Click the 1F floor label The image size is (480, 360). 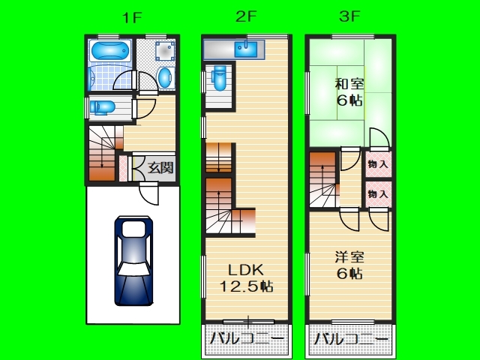pyautogui.click(x=132, y=18)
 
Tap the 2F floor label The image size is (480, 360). pyautogui.click(x=245, y=16)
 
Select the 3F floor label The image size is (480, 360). pyautogui.click(x=349, y=16)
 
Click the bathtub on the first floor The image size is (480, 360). pyautogui.click(x=110, y=51)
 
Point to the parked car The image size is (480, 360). pyautogui.click(x=133, y=261)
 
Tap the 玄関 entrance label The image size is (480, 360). pyautogui.click(x=160, y=168)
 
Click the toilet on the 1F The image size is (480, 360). pyautogui.click(x=102, y=108)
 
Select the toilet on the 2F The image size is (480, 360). pyautogui.click(x=219, y=77)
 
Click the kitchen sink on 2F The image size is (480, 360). pyautogui.click(x=246, y=49)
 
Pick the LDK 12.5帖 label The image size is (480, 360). pyautogui.click(x=247, y=278)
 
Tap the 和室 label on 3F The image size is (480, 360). pyautogui.click(x=349, y=84)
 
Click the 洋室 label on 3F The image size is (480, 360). pyautogui.click(x=349, y=257)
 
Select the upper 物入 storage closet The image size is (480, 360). pyautogui.click(x=378, y=164)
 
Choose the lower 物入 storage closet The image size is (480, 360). pyautogui.click(x=378, y=194)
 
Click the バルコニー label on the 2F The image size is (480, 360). pyautogui.click(x=247, y=339)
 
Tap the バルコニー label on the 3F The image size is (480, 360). pyautogui.click(x=351, y=339)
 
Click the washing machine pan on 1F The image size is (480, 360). pyautogui.click(x=165, y=50)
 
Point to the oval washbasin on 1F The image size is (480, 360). pyautogui.click(x=165, y=78)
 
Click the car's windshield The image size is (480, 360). pyautogui.click(x=133, y=269)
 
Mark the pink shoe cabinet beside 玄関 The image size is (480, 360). pyautogui.click(x=123, y=168)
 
